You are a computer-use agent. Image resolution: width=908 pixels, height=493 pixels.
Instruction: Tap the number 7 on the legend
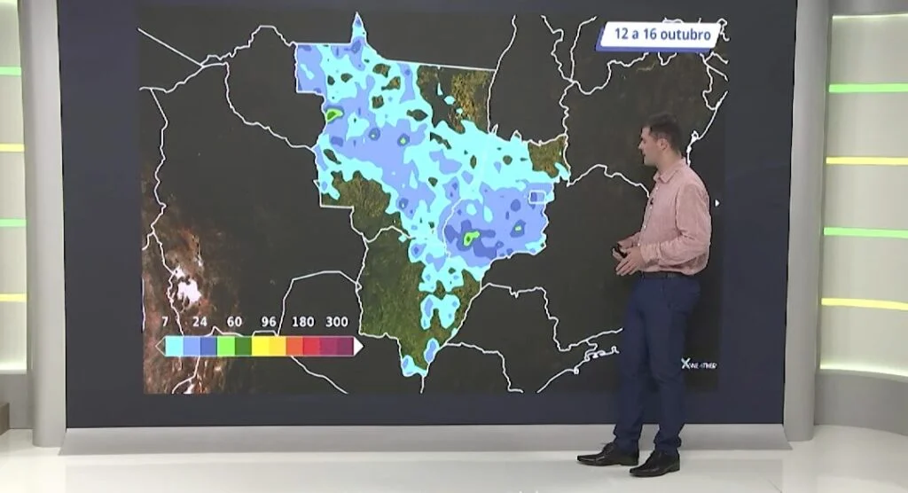click(x=166, y=322)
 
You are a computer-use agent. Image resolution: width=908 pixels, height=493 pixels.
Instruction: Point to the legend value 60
click(x=235, y=322)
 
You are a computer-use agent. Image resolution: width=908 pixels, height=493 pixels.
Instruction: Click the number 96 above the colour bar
click(x=269, y=322)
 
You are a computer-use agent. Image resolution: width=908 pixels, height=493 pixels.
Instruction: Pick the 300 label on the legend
click(x=337, y=322)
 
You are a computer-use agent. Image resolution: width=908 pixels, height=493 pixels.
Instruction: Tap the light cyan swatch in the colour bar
click(x=175, y=346)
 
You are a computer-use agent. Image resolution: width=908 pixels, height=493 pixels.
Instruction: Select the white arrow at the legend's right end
click(x=357, y=346)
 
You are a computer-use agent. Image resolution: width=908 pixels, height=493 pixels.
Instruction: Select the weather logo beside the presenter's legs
click(x=698, y=364)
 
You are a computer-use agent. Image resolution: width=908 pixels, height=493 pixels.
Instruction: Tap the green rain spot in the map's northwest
click(x=333, y=114)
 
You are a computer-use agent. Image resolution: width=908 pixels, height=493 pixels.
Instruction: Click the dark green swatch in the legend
click(x=243, y=346)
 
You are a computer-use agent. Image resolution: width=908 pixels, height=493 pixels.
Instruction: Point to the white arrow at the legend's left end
click(x=160, y=346)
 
